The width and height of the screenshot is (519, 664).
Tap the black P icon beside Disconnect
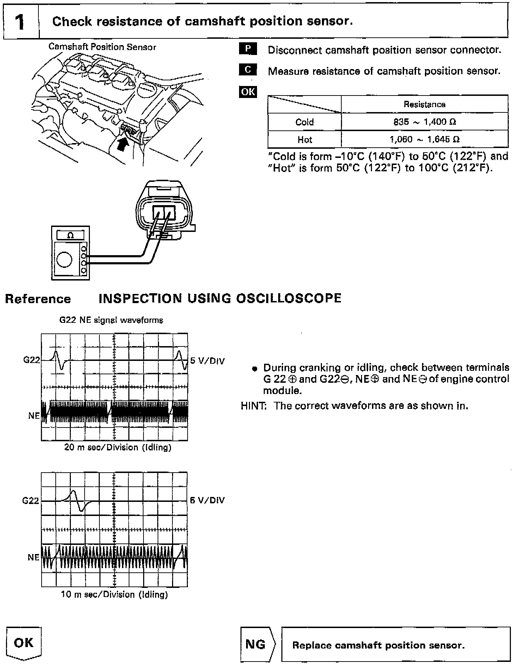248,49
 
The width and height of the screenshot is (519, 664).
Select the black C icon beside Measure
248,70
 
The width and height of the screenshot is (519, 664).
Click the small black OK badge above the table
248,92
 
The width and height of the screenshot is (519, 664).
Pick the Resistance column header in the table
424,104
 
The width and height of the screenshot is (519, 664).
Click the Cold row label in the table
304,122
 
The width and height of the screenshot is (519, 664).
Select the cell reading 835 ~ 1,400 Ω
424,122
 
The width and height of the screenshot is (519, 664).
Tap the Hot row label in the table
304,140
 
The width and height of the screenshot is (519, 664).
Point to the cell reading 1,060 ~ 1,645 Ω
424,140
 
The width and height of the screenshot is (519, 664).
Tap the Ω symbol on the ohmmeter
71,235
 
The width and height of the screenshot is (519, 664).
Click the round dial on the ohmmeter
64,260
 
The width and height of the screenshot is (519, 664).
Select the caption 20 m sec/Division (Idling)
117,447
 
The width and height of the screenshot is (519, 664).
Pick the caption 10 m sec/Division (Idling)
114,595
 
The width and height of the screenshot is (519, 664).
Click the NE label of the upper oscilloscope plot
34,416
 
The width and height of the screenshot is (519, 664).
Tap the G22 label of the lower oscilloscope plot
31,501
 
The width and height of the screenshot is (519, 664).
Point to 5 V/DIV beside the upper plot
207,361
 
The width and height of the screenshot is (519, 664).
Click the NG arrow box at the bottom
257,645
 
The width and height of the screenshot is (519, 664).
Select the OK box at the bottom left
24,643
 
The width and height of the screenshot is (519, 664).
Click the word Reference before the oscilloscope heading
38,299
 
